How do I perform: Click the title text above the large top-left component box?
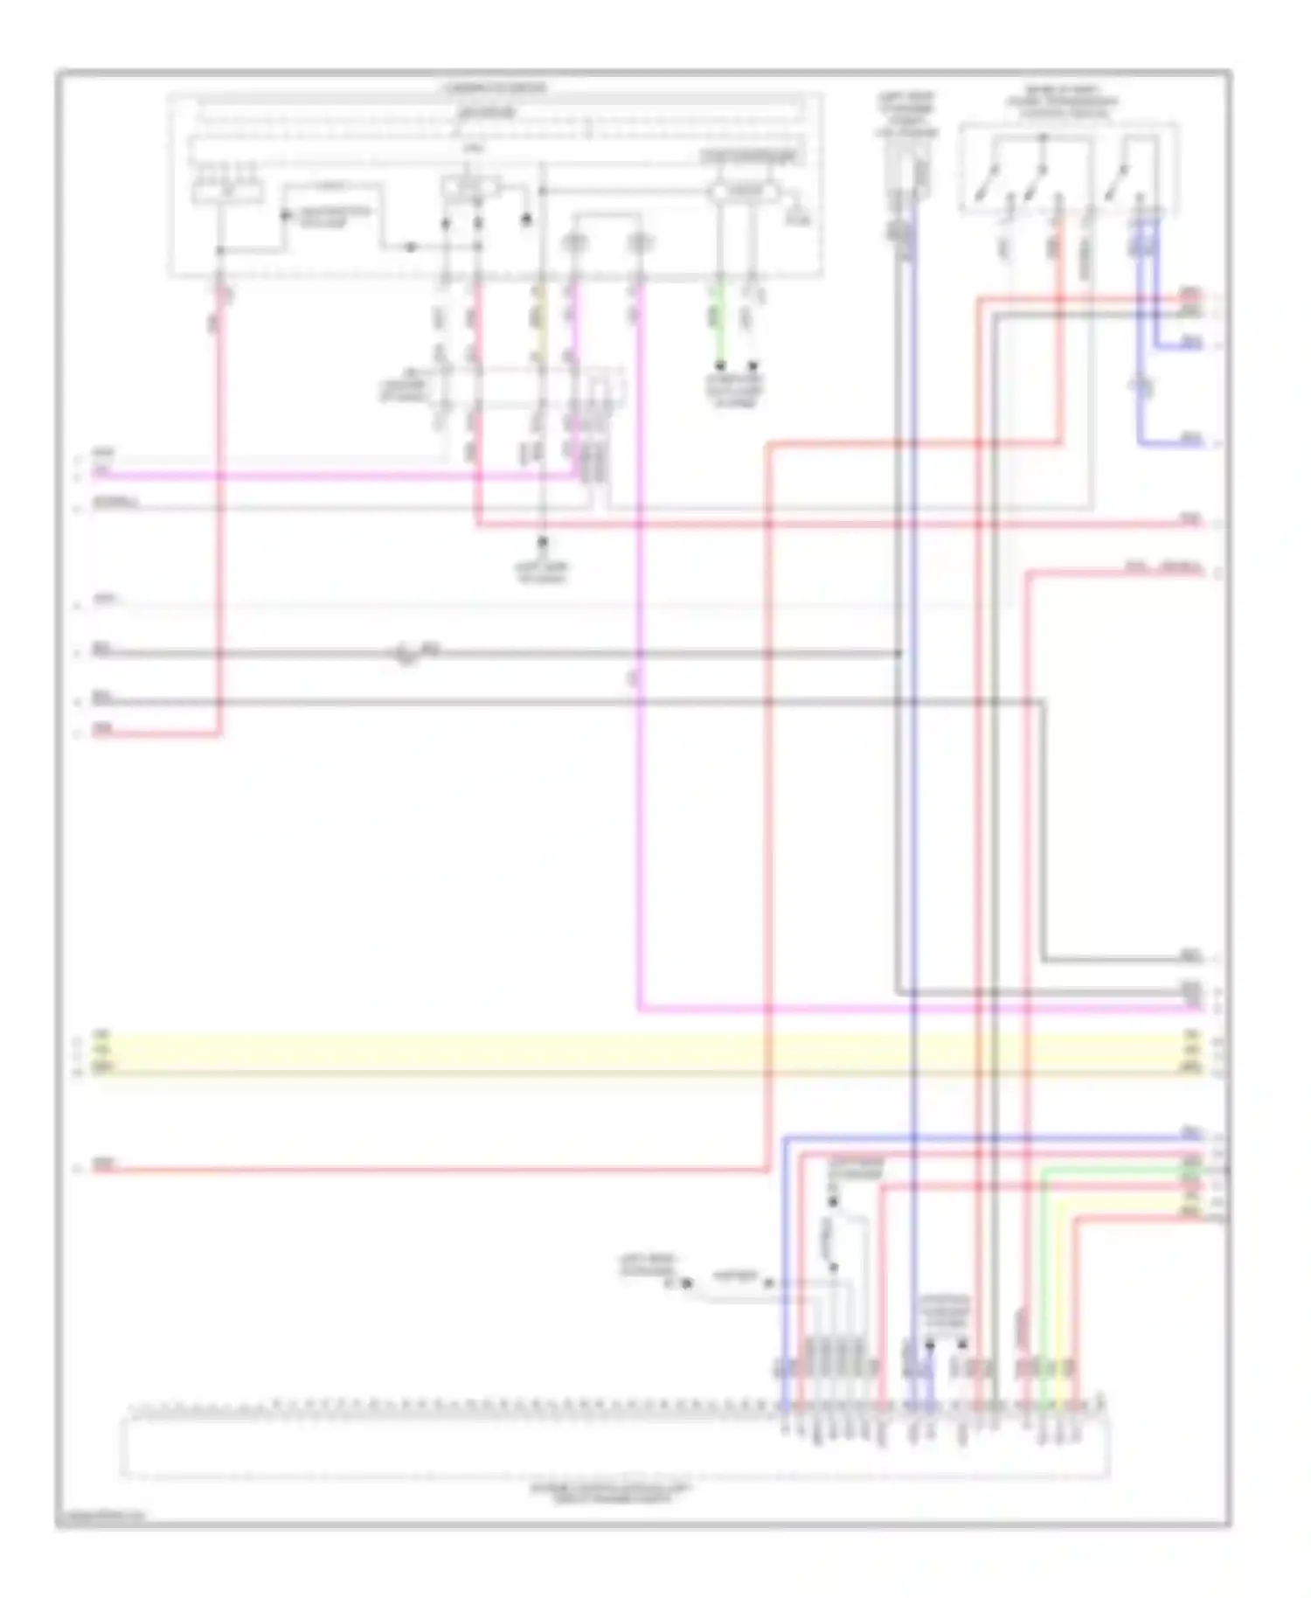pyautogui.click(x=495, y=88)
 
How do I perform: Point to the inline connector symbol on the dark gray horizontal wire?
pyautogui.click(x=404, y=655)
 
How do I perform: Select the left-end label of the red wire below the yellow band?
pyautogui.click(x=103, y=1164)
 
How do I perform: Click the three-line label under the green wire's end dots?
pyautogui.click(x=734, y=391)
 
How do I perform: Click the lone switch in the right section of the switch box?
pyautogui.click(x=1116, y=181)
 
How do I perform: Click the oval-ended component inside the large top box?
pyautogui.click(x=743, y=191)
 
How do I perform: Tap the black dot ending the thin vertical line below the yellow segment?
pyautogui.click(x=542, y=542)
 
